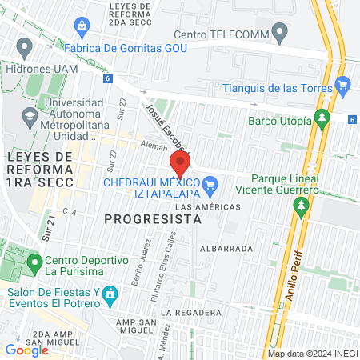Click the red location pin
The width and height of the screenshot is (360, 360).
[180, 165]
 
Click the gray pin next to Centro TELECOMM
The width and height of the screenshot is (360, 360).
[279, 33]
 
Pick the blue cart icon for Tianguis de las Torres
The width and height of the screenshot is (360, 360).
[343, 83]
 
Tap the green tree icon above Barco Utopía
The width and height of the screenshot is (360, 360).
[322, 118]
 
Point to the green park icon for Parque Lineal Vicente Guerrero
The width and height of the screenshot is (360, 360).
[302, 208]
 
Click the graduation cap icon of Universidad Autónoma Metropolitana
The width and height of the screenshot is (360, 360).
[30, 117]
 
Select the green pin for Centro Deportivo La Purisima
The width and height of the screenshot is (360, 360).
[34, 262]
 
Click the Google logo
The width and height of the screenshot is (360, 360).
[26, 350]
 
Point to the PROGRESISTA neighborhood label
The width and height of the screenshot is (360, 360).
[151, 218]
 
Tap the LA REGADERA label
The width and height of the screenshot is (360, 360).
[190, 312]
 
